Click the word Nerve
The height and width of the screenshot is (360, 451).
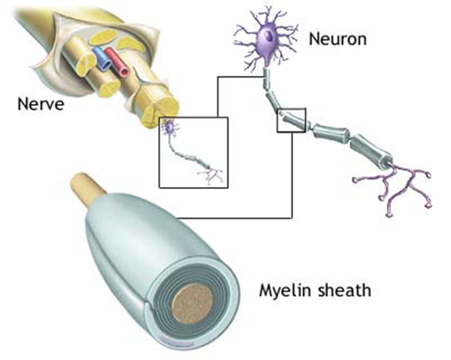[40, 105]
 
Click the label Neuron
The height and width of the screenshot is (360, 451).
[337, 38]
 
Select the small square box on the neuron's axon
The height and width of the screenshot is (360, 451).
[292, 121]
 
